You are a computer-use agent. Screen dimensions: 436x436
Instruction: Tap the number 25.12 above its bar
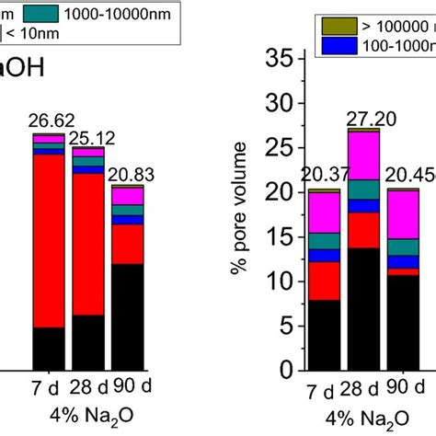[x=89, y=136]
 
